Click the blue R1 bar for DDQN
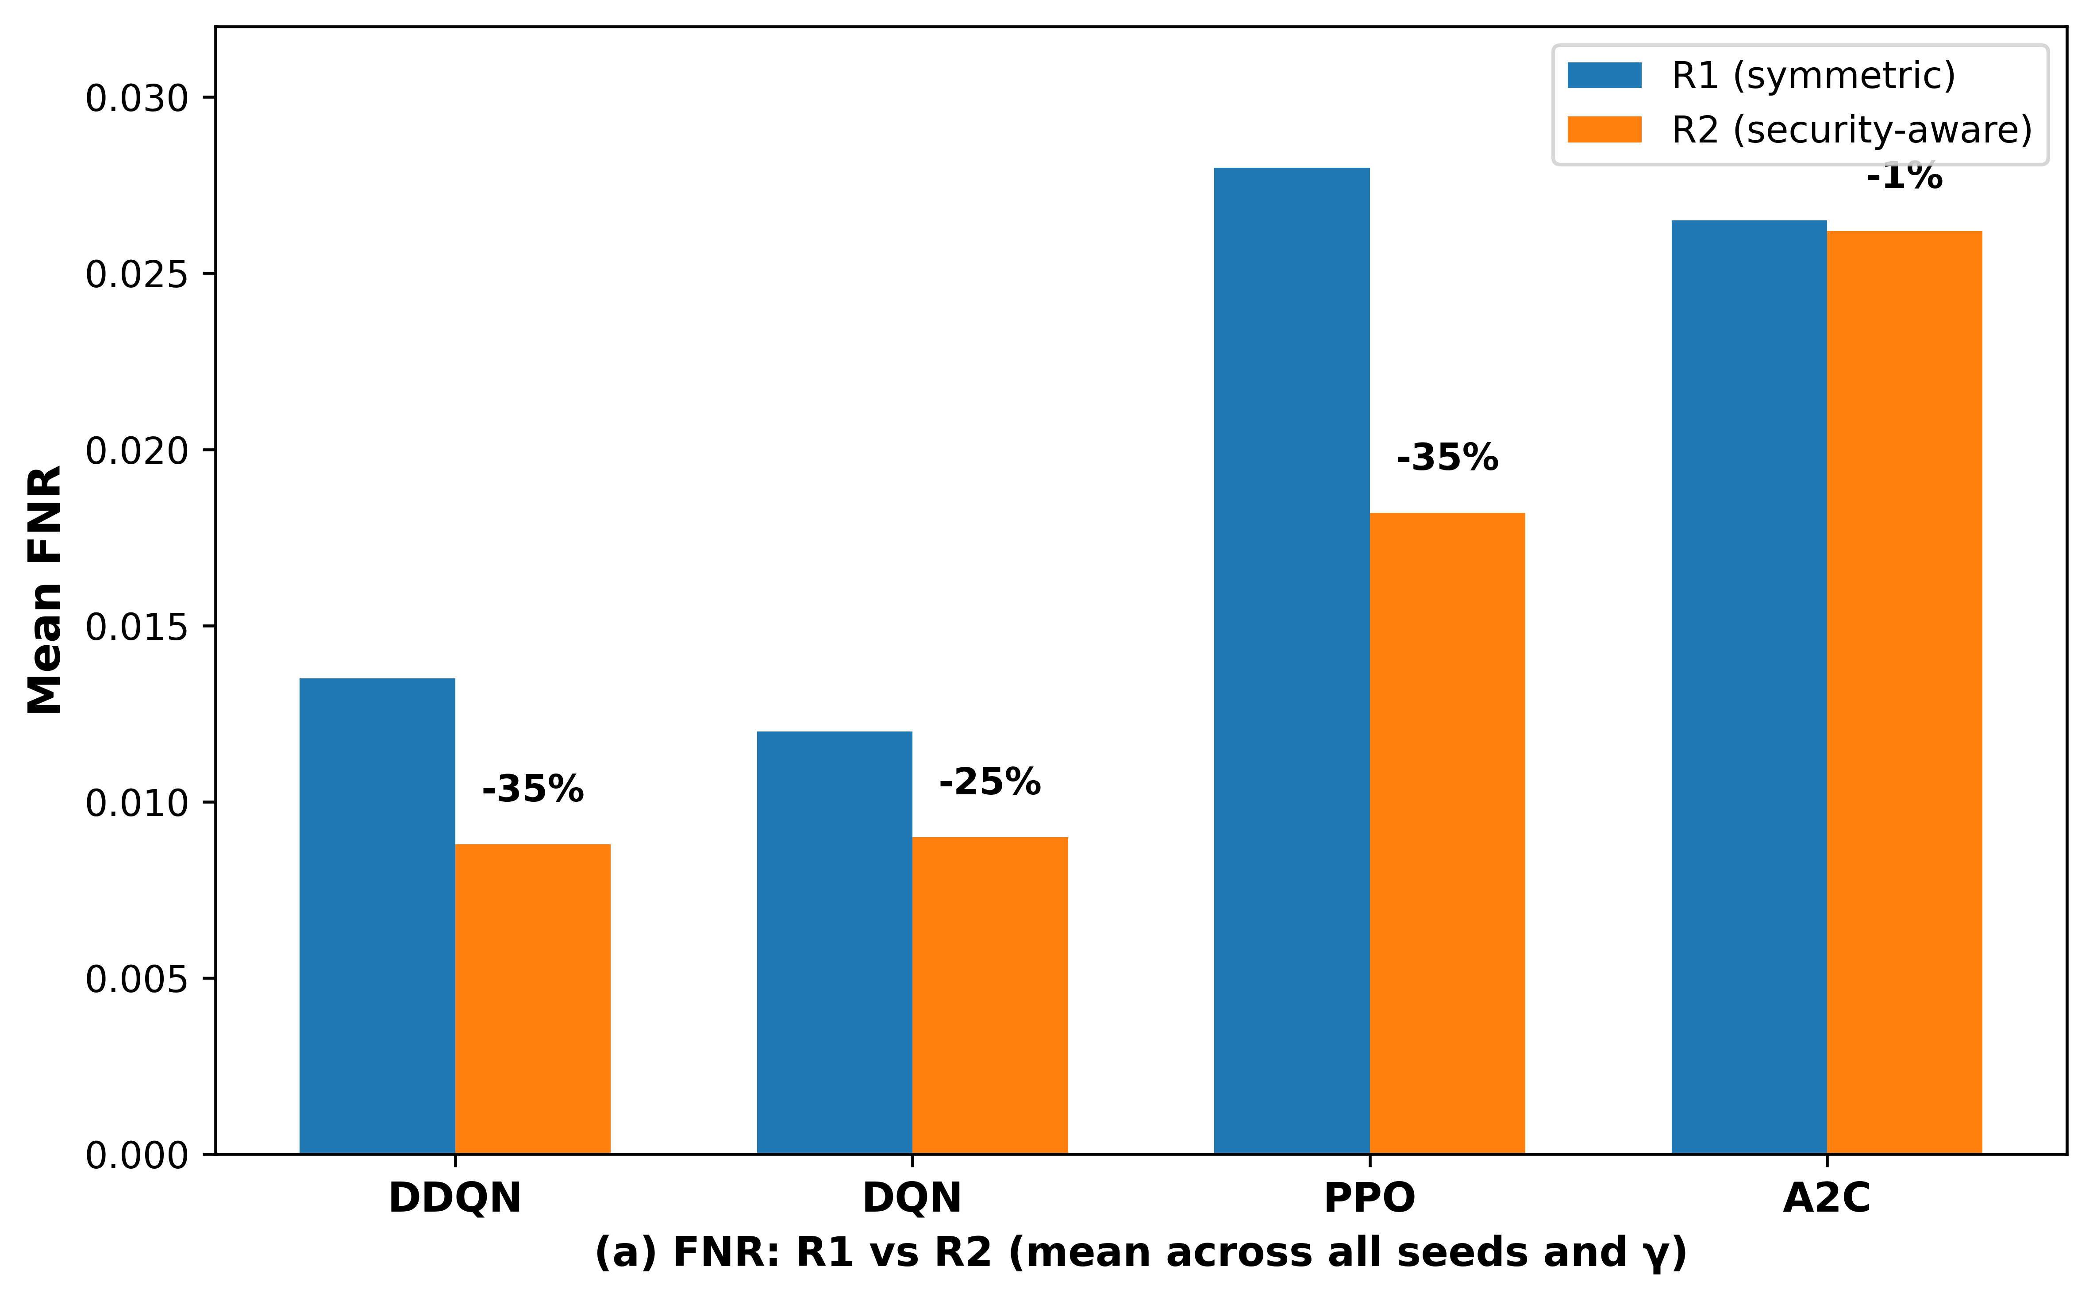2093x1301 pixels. (377, 916)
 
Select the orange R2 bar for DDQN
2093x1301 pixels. (532, 999)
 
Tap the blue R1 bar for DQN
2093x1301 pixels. (835, 943)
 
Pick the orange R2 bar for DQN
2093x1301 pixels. (990, 996)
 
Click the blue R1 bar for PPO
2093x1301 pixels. (1292, 661)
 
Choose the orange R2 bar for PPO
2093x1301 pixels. (1448, 834)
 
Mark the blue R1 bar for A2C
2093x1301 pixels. (1749, 688)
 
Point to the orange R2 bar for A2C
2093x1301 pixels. (1904, 693)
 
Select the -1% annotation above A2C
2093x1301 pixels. (1904, 177)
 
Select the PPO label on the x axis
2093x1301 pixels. (1370, 1198)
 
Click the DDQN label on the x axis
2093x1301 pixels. (455, 1198)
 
